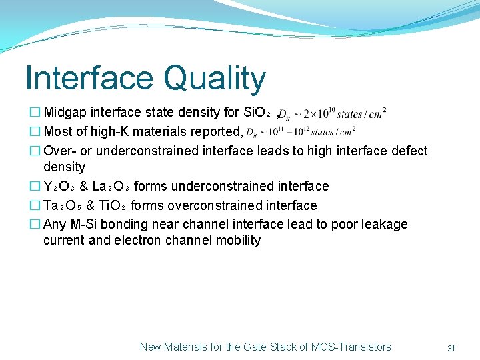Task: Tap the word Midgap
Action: click(65, 113)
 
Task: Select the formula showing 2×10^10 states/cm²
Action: click(332, 113)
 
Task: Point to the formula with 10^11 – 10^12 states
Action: click(301, 132)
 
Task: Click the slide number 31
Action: click(451, 348)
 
